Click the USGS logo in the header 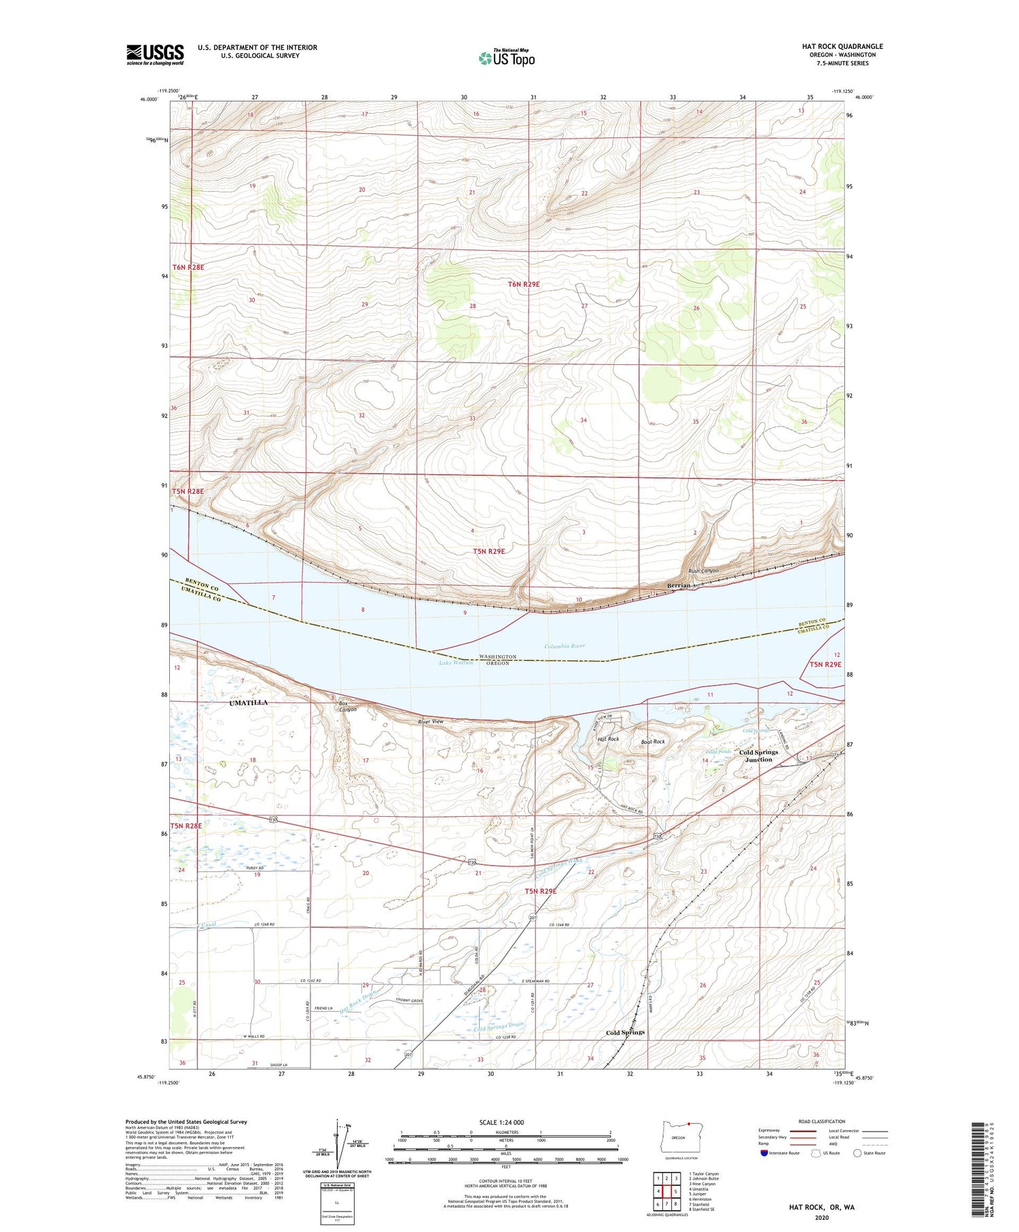[155, 54]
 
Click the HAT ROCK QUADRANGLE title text [842, 46]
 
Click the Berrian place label [677, 585]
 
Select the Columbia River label [565, 646]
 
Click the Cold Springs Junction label [759, 756]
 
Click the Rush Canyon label [703, 571]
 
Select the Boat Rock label [653, 741]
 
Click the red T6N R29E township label [523, 284]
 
